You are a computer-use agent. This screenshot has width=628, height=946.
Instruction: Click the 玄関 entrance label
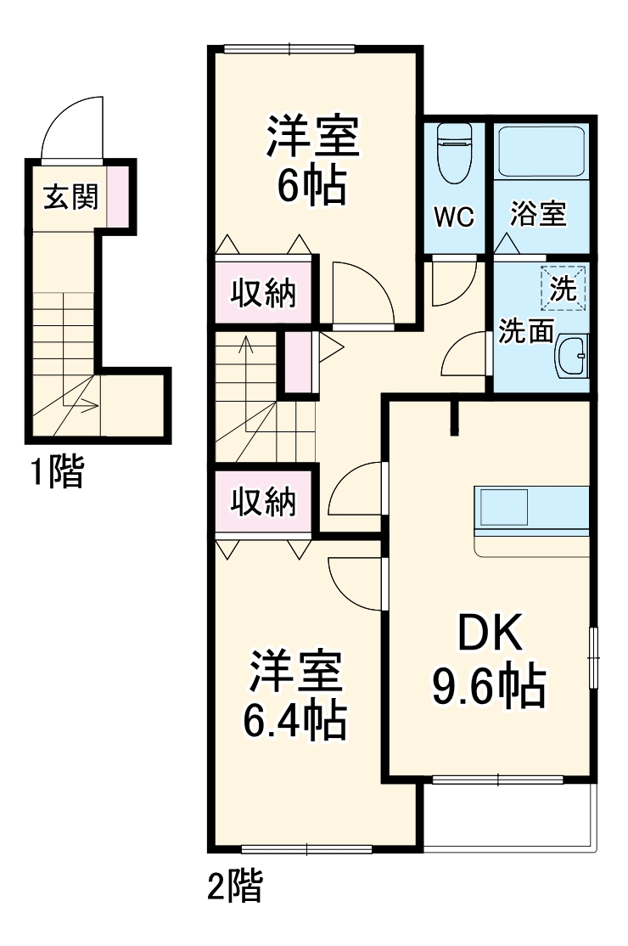click(71, 197)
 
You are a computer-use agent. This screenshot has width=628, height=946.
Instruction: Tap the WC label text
click(454, 217)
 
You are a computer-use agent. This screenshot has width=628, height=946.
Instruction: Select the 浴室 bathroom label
click(538, 215)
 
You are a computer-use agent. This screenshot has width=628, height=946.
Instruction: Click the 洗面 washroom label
click(525, 331)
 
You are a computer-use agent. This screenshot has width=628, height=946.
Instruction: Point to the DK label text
click(487, 633)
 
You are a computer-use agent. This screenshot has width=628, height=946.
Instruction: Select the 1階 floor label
click(58, 472)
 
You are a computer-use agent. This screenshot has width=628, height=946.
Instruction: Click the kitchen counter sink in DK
click(506, 509)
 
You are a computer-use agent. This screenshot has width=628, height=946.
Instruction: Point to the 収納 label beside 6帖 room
click(264, 292)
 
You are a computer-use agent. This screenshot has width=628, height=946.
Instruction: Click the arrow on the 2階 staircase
click(246, 348)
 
